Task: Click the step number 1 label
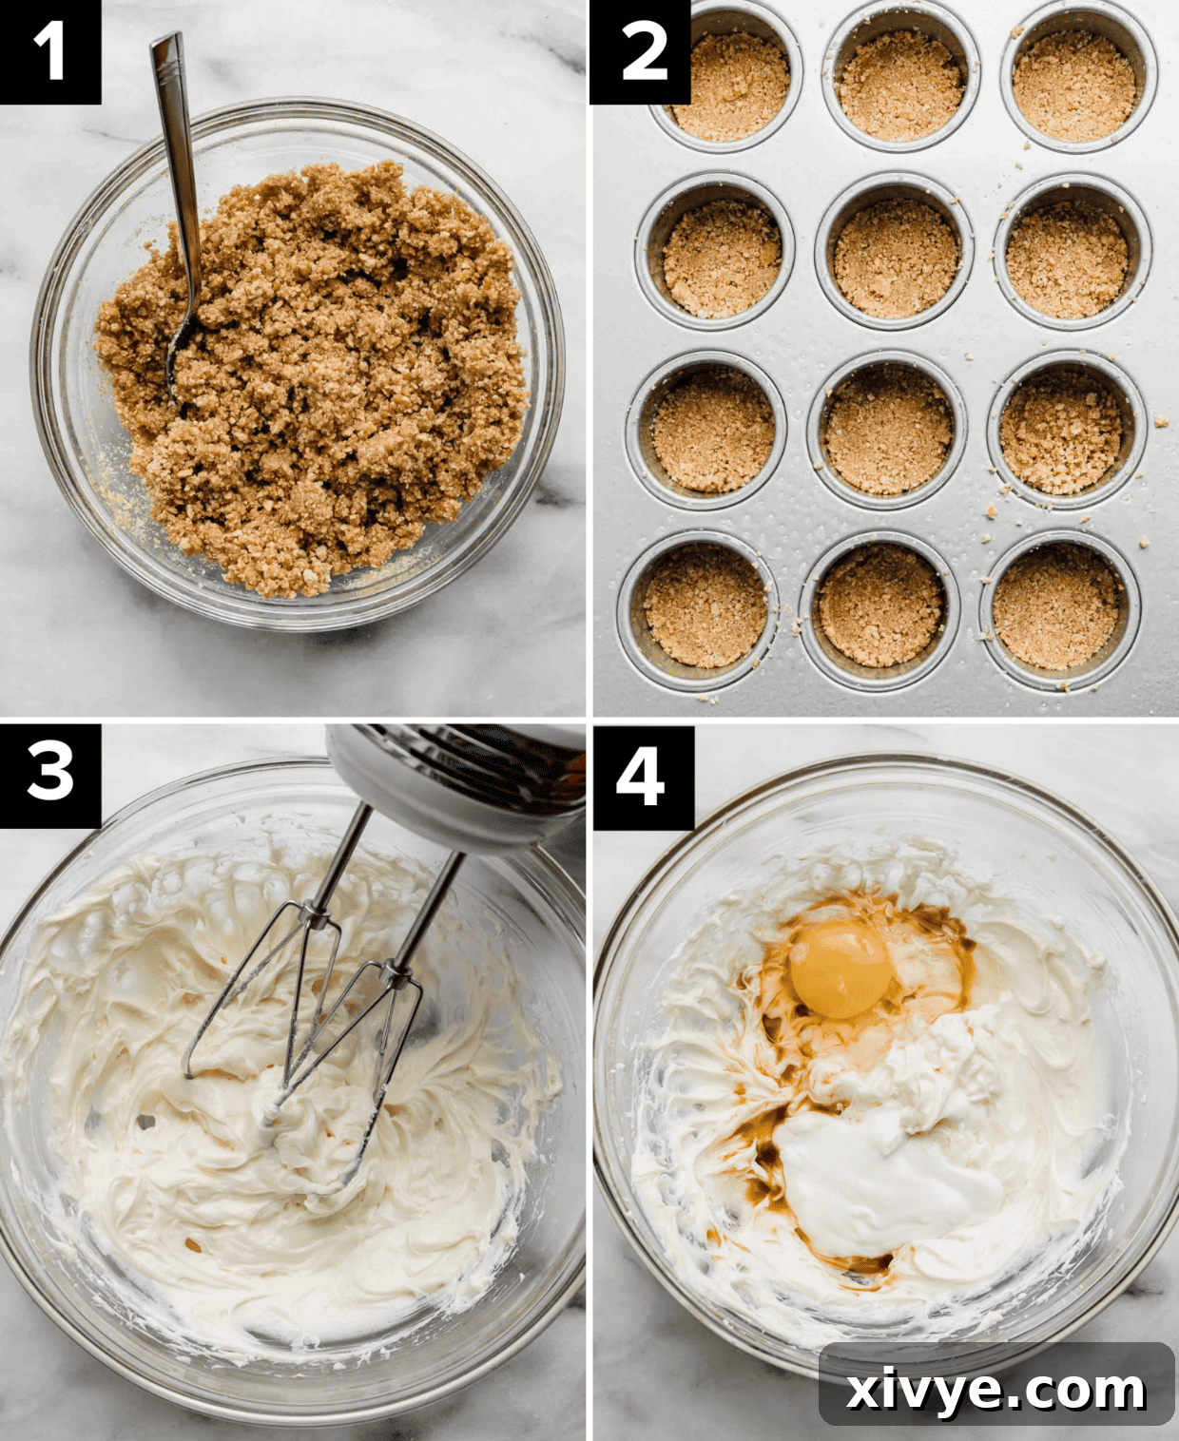coord(49,51)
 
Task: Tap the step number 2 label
coord(641,51)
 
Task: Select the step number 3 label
coord(49,774)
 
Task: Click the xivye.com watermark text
coord(995,1390)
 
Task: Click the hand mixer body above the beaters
coord(456,779)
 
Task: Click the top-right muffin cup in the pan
coord(1074,84)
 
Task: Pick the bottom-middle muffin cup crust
coord(880,606)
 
